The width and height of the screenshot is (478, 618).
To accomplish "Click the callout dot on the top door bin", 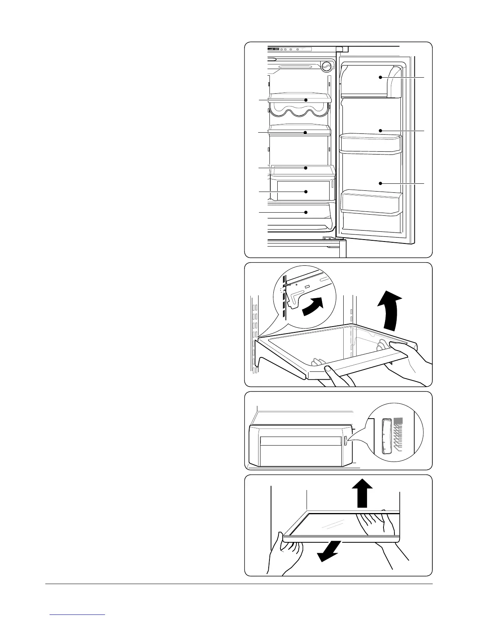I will point(380,78).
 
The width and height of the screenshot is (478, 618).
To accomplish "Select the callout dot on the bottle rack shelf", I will point(306,100).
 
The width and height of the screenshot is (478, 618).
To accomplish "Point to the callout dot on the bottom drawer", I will point(306,212).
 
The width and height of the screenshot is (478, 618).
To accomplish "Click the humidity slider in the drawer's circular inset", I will point(387,436).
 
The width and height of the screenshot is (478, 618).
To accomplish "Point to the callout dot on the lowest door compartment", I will point(380,183).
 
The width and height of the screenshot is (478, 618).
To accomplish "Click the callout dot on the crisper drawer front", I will point(306,192).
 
